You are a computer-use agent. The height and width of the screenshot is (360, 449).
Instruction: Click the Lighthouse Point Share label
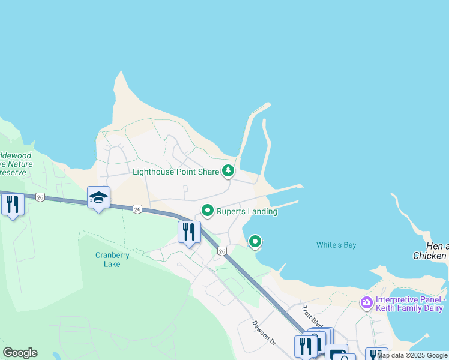pos(175,172)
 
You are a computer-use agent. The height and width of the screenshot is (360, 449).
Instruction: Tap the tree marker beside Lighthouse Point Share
pos(228,172)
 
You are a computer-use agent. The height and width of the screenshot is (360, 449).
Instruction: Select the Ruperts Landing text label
pos(247,211)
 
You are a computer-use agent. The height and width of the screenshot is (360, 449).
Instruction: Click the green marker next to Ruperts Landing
pos(208,211)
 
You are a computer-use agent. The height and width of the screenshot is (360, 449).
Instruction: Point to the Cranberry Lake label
pos(112,259)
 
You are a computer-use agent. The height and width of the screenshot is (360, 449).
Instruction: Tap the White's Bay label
pos(337,245)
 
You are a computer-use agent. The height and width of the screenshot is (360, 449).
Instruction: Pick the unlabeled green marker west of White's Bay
pos(255,241)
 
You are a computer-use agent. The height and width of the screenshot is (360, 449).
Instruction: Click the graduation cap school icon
pos(98,197)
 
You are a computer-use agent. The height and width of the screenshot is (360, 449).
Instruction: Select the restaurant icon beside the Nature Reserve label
pos(12,204)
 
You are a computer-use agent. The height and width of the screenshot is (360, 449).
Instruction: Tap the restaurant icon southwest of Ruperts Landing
pos(189,232)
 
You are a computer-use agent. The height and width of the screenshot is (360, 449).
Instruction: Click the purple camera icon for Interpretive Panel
pos(366,303)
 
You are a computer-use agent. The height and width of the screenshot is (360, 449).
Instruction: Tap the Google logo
pos(20,353)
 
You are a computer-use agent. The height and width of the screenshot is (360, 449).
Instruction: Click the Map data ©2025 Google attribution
pos(412,355)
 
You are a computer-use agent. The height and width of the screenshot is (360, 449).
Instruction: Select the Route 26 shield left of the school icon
pos(40,197)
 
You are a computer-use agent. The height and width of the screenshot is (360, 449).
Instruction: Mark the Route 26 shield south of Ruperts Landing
pos(222,251)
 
